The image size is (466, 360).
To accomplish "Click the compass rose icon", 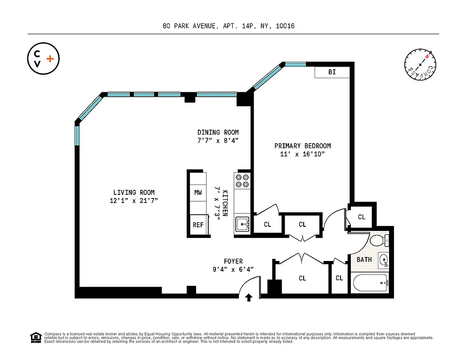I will [420, 65].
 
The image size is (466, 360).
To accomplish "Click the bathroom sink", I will [382, 260].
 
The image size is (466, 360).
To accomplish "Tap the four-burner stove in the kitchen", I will [242, 180].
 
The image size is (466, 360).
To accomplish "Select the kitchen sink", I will [243, 222].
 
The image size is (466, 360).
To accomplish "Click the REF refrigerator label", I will [198, 225].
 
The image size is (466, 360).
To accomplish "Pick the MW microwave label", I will [198, 193].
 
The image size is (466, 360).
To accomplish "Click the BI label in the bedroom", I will [332, 72].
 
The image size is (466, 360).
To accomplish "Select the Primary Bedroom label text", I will [302, 146].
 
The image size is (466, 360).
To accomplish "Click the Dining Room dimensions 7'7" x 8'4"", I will [218, 140].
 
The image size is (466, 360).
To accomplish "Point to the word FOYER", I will [233, 261].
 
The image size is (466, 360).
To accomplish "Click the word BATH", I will [364, 260].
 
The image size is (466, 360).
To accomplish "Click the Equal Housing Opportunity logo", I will [35, 337].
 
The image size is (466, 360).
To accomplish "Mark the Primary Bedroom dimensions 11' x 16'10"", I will [302, 154].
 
